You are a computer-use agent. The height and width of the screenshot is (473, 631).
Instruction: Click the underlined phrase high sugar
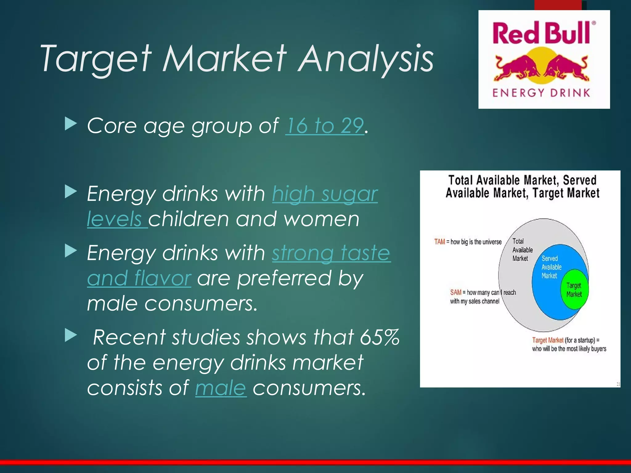click(x=325, y=194)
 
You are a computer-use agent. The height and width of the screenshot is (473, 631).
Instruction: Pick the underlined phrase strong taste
click(x=331, y=253)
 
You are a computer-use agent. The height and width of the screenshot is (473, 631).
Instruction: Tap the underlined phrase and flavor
click(x=139, y=278)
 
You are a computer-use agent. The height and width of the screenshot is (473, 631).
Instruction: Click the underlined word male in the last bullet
click(x=221, y=388)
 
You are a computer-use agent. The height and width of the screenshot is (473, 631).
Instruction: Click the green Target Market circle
click(x=574, y=289)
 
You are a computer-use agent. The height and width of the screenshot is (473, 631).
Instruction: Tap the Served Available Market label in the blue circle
click(x=551, y=267)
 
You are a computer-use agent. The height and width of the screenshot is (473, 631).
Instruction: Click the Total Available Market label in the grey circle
click(x=522, y=250)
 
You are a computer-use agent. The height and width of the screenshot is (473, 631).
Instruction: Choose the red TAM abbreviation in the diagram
click(x=439, y=242)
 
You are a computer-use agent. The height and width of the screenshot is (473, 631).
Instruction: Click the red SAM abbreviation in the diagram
click(x=455, y=292)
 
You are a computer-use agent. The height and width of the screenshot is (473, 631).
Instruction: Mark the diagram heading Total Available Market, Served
click(x=522, y=180)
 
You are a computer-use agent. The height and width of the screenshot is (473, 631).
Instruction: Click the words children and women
click(x=254, y=219)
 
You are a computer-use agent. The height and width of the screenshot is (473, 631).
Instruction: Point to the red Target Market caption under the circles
click(x=548, y=340)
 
